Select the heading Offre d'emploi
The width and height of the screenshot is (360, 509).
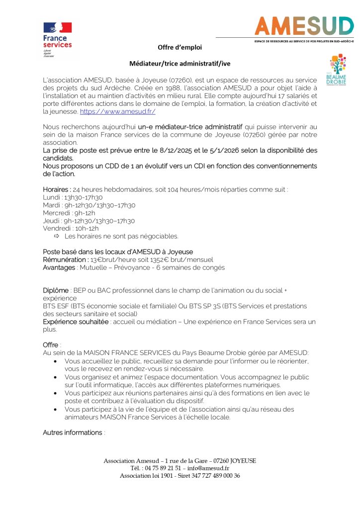point(180,47)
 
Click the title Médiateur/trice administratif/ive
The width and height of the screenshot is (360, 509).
point(180,64)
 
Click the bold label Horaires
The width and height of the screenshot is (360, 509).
point(56,190)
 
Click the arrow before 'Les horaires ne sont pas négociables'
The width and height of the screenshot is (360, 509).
point(56,236)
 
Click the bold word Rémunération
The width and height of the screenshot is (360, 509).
point(65,259)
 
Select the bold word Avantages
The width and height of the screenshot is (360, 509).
point(59,267)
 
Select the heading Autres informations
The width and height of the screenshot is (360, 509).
point(73,432)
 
